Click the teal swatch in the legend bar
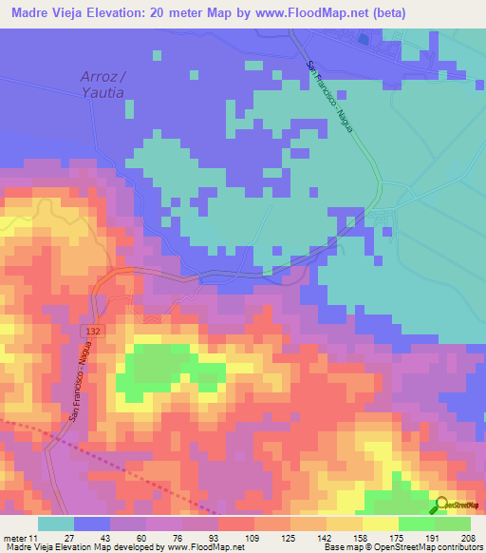[56, 524]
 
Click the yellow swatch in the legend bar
[380, 524]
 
